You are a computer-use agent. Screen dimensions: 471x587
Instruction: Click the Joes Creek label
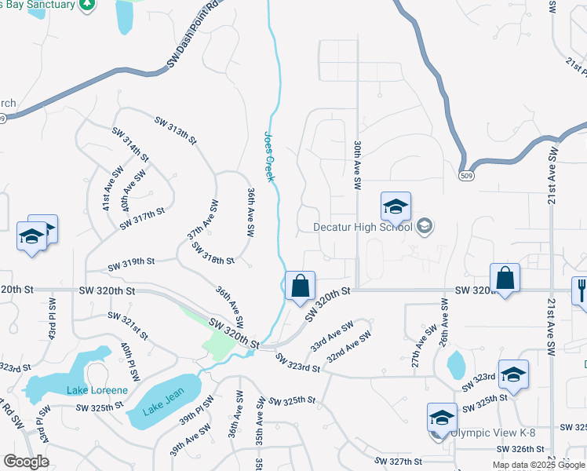(x=269, y=156)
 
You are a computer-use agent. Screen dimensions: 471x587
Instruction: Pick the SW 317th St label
(x=142, y=217)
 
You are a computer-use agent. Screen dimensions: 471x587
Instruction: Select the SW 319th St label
(x=131, y=261)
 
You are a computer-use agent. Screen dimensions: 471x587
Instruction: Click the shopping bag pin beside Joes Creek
(x=299, y=287)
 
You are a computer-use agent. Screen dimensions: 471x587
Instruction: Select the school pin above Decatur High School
(x=396, y=207)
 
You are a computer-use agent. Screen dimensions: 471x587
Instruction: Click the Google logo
(x=26, y=462)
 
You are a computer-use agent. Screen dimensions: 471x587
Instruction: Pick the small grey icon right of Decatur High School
(x=425, y=227)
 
